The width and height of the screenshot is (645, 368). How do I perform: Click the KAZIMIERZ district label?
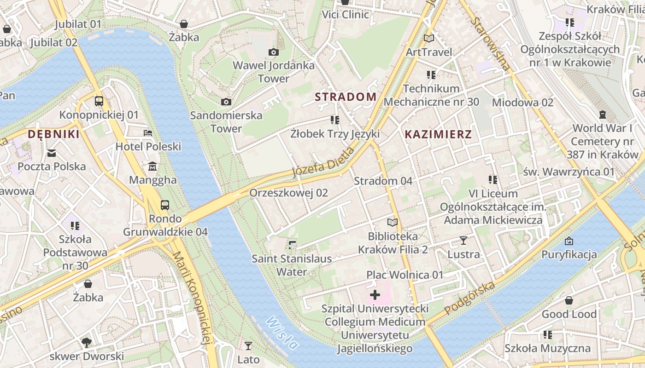pos(438,134)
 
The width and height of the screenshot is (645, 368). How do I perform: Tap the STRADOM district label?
pos(346,97)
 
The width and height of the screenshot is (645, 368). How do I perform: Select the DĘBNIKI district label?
pos(53,134)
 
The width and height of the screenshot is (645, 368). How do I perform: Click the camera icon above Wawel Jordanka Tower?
pos(274,52)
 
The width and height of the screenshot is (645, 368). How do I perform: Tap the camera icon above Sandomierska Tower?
pos(226,102)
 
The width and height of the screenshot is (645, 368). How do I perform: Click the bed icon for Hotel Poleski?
pos(148,133)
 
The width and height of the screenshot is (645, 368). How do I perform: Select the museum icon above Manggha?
pos(152,166)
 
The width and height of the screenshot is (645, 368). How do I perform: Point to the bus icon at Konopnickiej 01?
pos(99,101)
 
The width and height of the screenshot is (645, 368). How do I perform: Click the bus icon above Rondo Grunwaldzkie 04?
pos(165,205)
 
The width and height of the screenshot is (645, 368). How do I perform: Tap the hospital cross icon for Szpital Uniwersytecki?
pos(375,294)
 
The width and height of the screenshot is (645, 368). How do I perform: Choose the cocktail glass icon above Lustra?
pos(463,241)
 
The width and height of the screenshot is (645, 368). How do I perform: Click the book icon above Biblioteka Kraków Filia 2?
pos(393,223)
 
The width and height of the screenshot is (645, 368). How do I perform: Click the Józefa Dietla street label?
pos(323,162)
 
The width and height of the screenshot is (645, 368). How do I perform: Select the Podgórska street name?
pos(470,298)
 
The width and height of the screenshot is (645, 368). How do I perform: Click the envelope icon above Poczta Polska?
pos(52,153)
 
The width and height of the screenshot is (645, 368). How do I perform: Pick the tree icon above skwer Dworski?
pos(86,342)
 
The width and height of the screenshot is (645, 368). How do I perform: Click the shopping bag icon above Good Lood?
pos(569,300)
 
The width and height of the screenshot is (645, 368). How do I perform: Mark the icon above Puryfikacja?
pos(569,241)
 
